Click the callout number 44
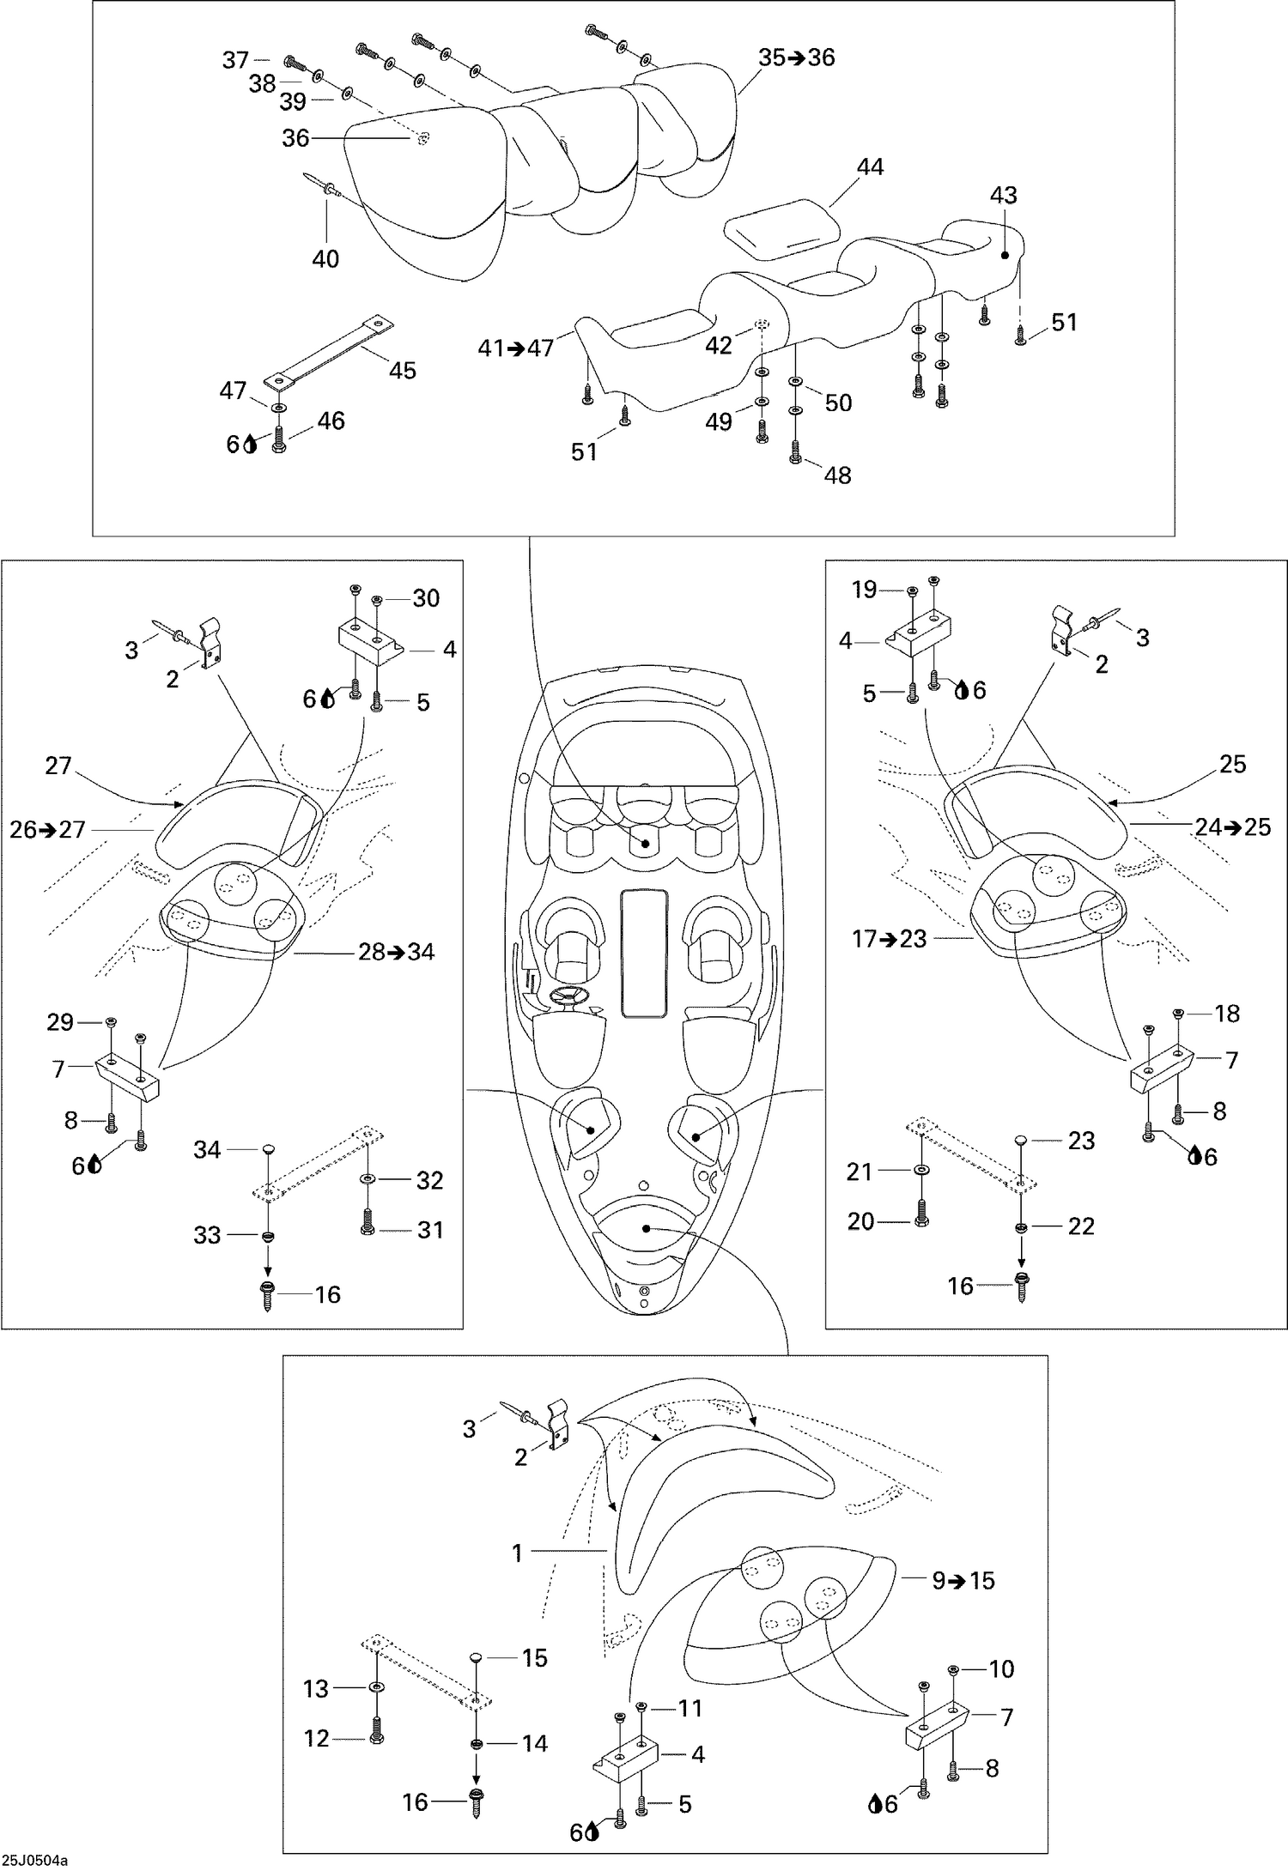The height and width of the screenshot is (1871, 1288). pos(870,167)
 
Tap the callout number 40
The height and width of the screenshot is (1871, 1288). pos(325,258)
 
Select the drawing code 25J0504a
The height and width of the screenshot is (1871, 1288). pos(34,1860)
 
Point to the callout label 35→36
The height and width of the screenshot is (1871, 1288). pos(797,58)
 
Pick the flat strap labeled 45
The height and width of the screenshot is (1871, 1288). pos(328,348)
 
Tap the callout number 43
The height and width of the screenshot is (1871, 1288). pos(1003,196)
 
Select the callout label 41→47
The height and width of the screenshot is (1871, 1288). pos(516,348)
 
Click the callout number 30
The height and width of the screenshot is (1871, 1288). pos(426,598)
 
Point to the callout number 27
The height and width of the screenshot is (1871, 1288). pos(58,765)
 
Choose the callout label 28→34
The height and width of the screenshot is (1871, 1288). pos(396,952)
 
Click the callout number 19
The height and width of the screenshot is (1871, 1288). pos(865,590)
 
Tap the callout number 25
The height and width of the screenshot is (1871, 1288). pos(1232,764)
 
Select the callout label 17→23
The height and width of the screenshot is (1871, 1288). pos(890,939)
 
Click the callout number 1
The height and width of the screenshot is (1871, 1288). pos(517,1553)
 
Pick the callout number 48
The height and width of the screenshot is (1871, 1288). pos(837,475)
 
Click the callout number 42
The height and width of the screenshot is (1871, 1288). pos(719,345)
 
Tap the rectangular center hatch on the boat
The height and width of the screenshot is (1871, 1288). pos(643,954)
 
